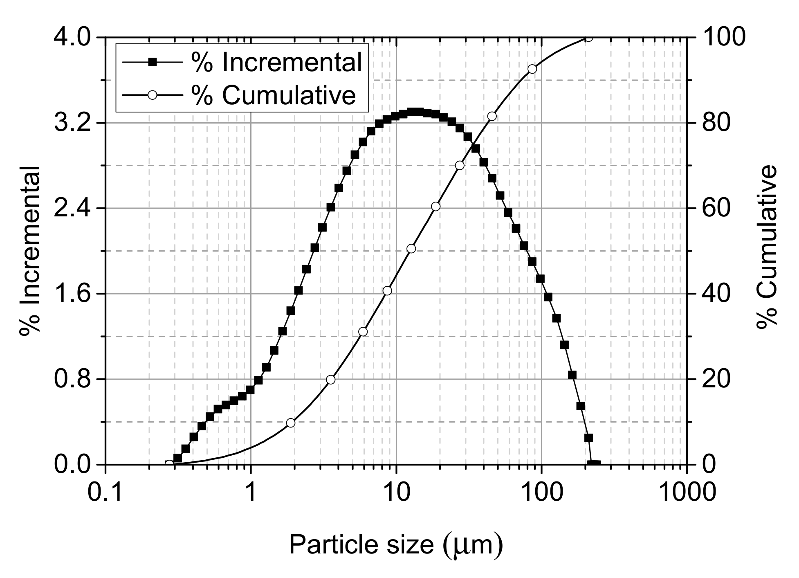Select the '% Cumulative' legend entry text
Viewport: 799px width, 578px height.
[274, 95]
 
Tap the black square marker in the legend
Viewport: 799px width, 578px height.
[152, 62]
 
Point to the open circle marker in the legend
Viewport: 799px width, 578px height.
[152, 95]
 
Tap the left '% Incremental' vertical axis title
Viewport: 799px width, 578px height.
[30, 250]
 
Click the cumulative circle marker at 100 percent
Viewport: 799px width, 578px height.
[588, 38]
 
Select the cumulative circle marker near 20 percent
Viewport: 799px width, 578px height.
[331, 380]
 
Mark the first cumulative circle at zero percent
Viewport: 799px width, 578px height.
[169, 464]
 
